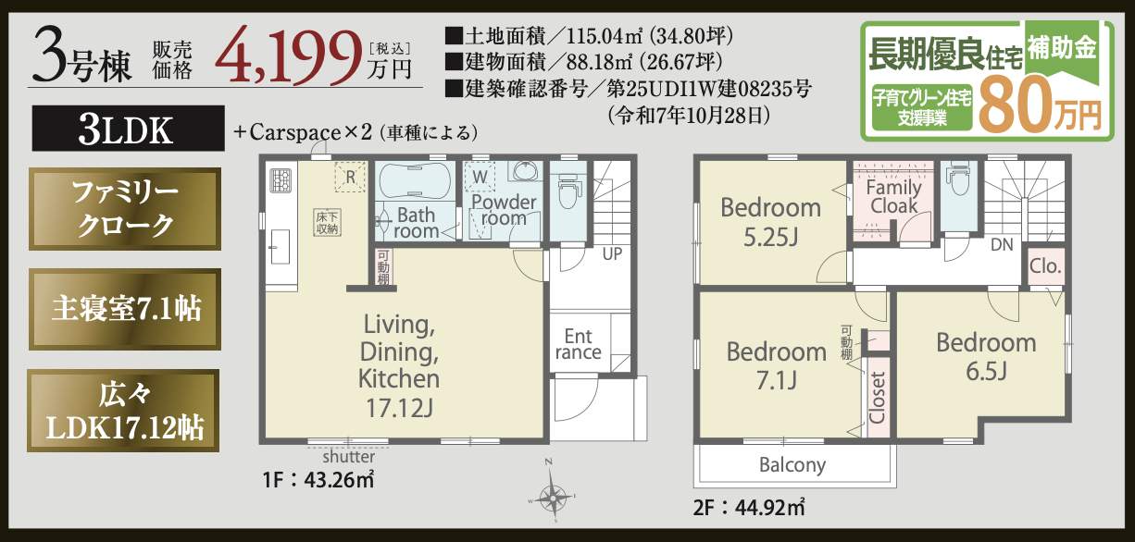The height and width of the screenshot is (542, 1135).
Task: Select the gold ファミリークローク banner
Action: (124, 209)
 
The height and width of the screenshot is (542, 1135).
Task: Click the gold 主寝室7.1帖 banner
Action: (124, 309)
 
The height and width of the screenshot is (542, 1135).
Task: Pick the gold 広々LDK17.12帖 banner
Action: (124, 412)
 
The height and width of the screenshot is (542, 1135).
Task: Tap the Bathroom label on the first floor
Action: (416, 223)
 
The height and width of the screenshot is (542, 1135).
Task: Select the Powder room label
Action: (503, 210)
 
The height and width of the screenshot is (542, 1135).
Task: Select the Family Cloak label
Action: (893, 196)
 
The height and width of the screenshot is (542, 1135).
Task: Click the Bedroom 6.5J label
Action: (985, 356)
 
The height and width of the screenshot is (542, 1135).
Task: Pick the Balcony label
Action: (792, 464)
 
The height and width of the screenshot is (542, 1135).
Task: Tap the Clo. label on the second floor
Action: (1046, 267)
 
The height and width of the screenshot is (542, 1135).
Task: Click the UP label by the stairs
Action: (612, 253)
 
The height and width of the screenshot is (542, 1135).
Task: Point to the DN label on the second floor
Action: (1001, 245)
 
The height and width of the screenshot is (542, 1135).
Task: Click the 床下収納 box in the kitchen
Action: (326, 221)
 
